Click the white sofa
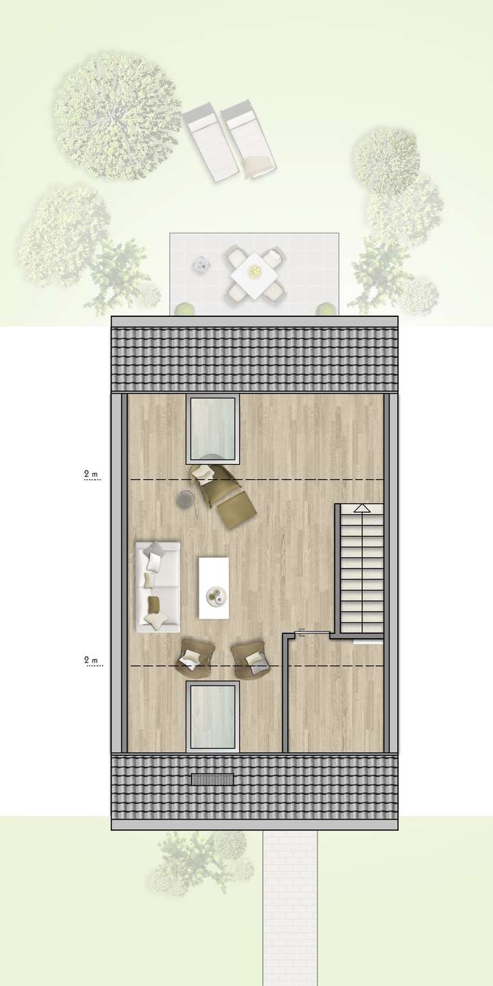point(158,586)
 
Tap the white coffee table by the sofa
point(214,588)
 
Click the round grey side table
point(185,500)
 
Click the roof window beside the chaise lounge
point(212,430)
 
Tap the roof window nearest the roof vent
point(212,716)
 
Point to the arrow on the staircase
point(361,508)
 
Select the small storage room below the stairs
point(336,698)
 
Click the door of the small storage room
point(312,634)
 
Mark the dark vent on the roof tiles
point(212,779)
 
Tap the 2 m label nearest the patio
point(90,474)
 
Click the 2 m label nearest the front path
point(90,660)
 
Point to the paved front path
point(290,904)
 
